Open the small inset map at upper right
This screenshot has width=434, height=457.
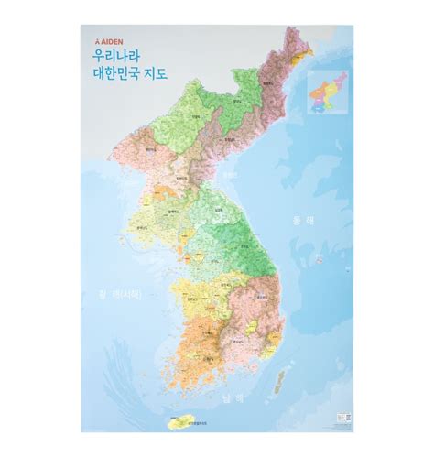point(328,92)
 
